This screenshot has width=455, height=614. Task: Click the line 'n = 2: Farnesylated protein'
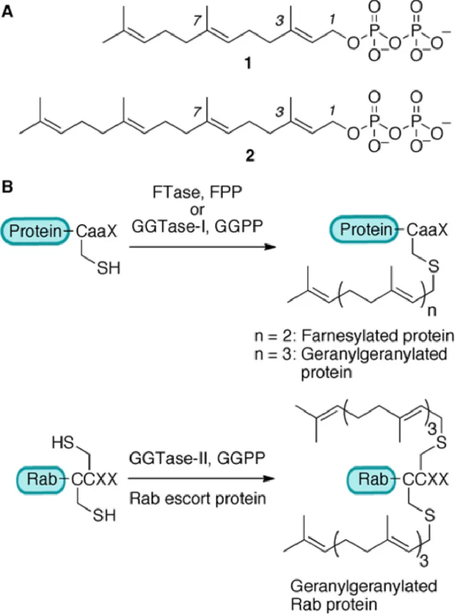(x=351, y=336)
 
